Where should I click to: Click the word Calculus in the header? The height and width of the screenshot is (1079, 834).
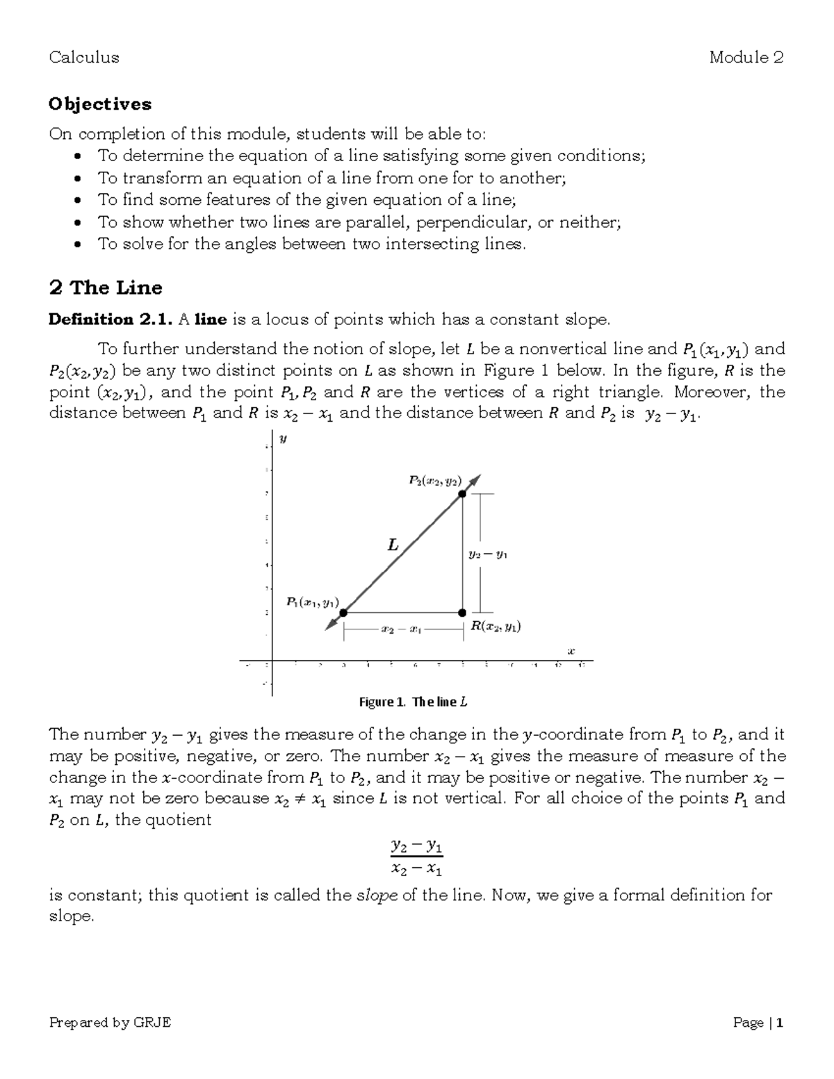(x=84, y=58)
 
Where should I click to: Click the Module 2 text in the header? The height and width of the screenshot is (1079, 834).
(x=746, y=58)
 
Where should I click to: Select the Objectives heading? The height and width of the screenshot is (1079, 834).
(x=100, y=104)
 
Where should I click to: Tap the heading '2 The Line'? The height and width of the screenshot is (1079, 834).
(x=106, y=288)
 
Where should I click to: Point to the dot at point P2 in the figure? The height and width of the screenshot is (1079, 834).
(x=462, y=493)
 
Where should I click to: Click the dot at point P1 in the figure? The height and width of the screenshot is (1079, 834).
(x=343, y=613)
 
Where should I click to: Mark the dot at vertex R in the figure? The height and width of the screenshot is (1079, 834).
(x=462, y=613)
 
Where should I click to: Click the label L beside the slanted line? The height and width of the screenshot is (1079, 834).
(x=393, y=545)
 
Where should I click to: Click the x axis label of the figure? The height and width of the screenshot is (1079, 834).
(x=571, y=651)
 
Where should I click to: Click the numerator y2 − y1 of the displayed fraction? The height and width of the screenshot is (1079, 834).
(x=417, y=846)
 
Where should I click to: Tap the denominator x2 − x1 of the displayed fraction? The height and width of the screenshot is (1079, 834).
(x=417, y=868)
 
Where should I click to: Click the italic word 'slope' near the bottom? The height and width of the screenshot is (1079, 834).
(x=377, y=895)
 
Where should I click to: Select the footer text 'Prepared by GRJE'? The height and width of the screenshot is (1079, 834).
(x=110, y=1022)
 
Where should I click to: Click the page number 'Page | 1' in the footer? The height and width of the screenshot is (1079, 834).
(x=758, y=1022)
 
